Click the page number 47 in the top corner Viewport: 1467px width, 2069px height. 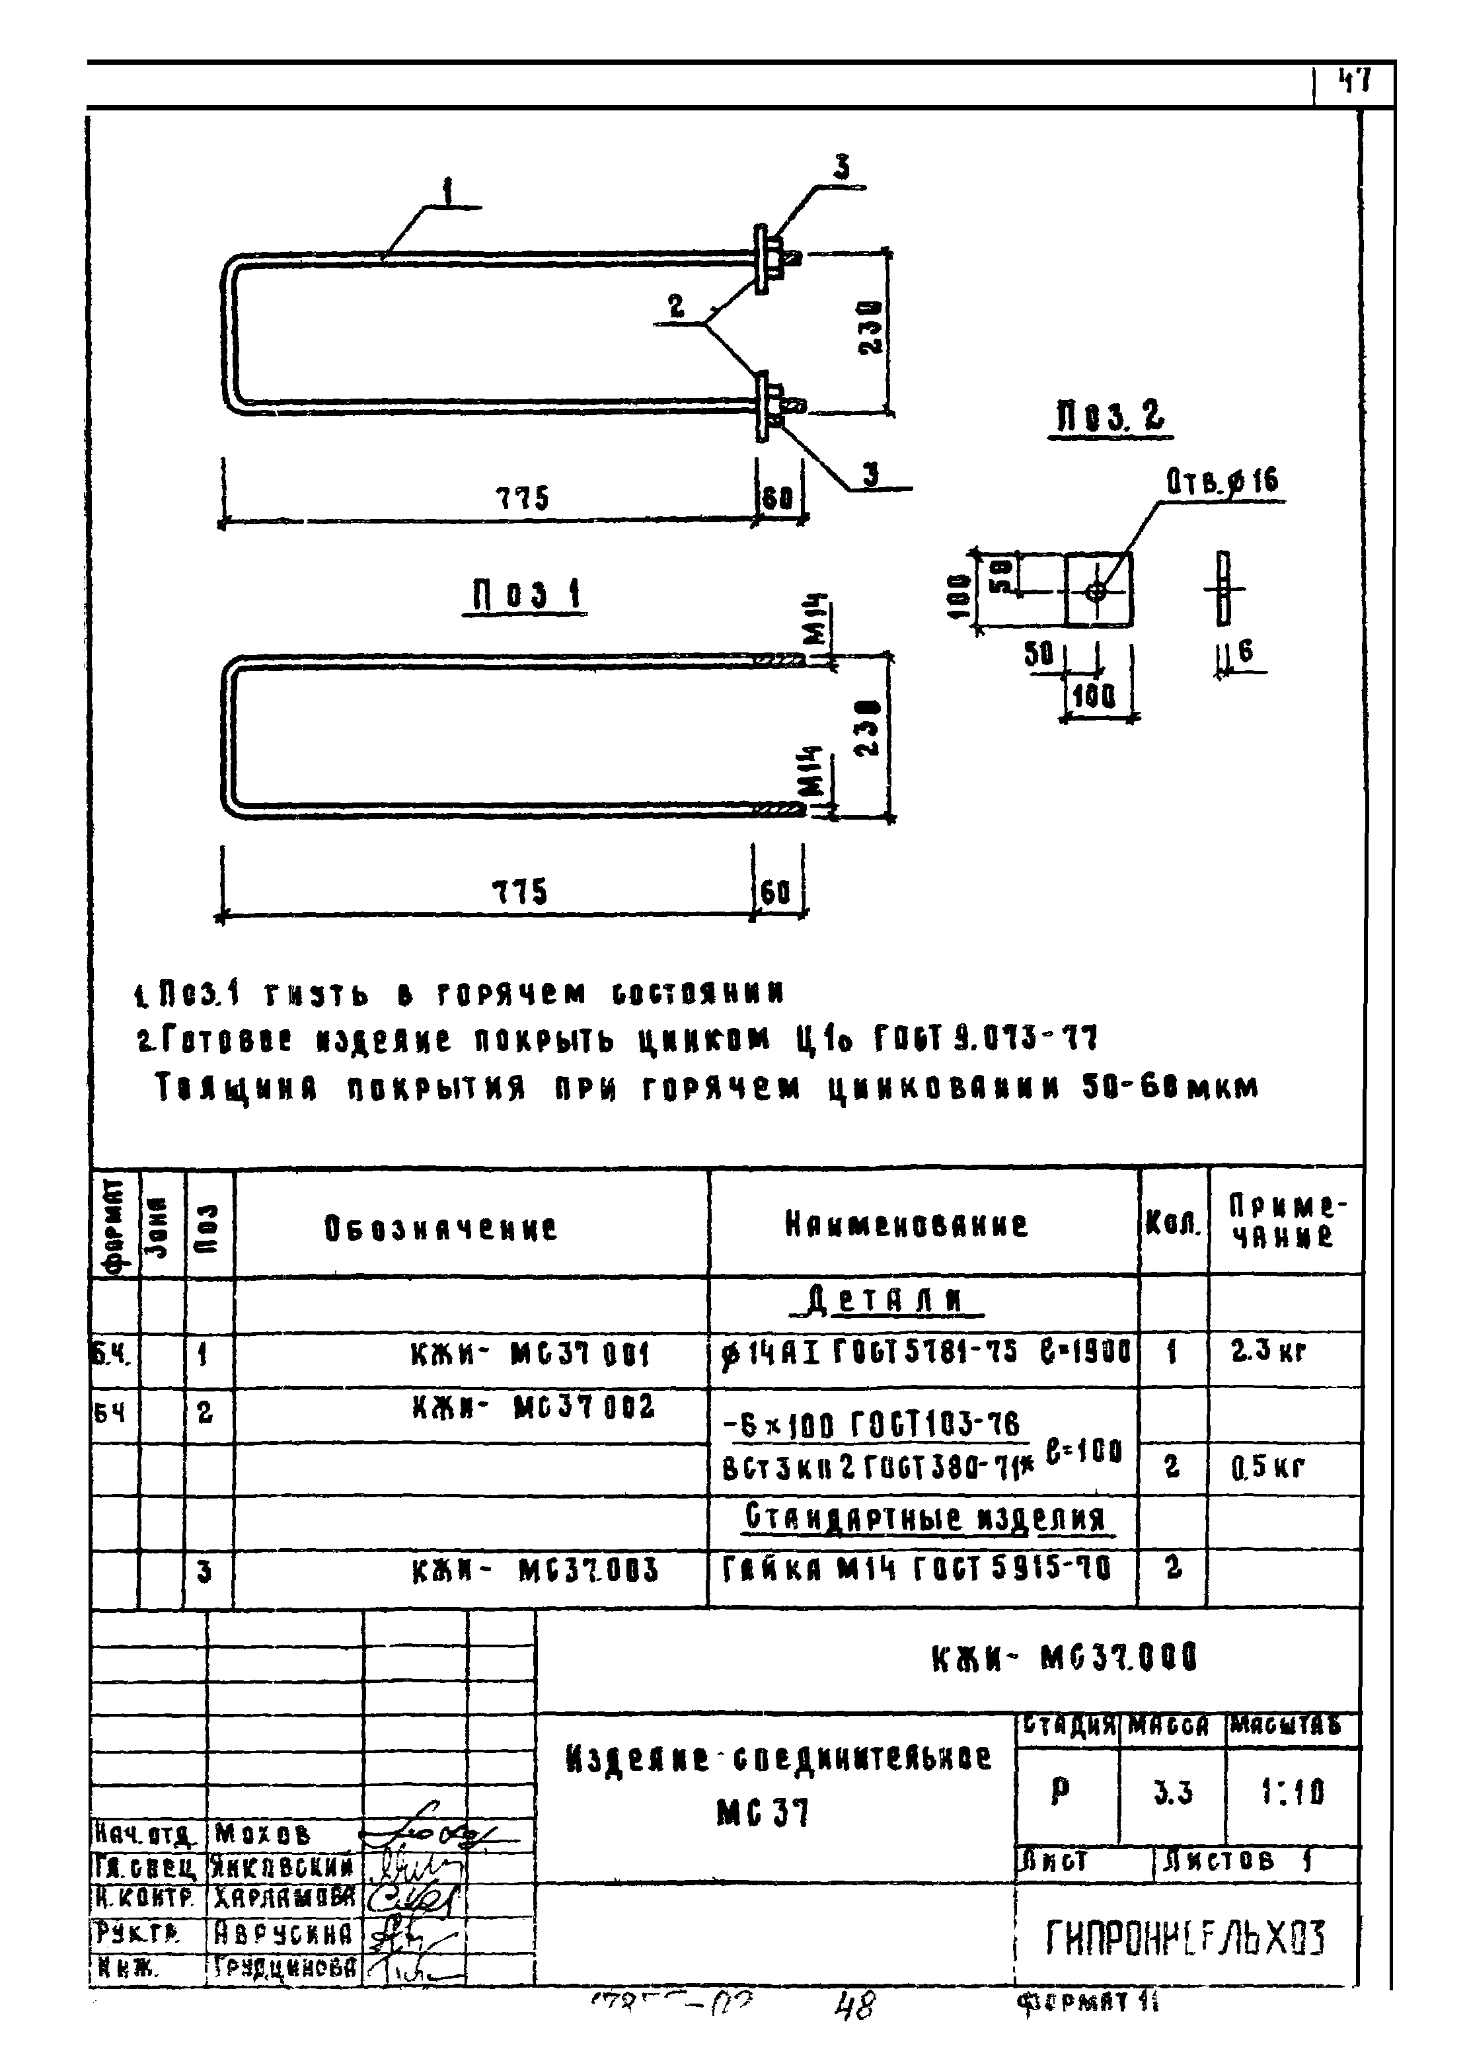coord(1355,83)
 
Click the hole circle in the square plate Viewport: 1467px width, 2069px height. coord(1097,592)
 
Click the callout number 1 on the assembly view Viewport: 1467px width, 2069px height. coord(447,192)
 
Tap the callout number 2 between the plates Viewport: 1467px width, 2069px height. coord(677,307)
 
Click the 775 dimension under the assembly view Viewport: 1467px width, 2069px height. coord(521,498)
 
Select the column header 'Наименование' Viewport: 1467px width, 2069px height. coord(906,1225)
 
